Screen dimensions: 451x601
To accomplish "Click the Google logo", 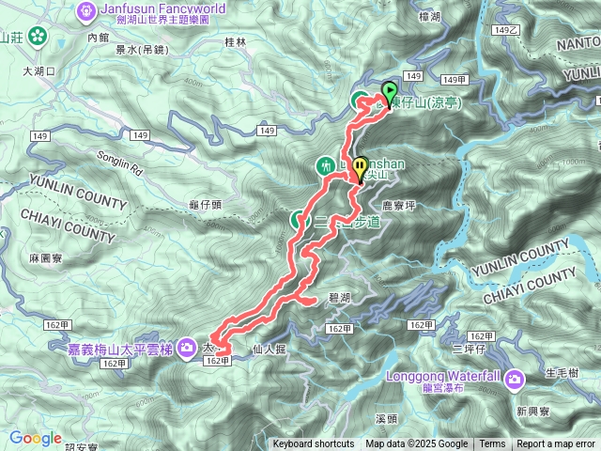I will (x=36, y=438).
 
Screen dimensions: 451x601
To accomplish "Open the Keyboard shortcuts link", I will (x=314, y=444).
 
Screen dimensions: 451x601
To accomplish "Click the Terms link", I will (x=492, y=444).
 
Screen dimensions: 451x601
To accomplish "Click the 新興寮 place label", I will (x=533, y=412).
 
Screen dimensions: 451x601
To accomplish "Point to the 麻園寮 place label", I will (x=45, y=257).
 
